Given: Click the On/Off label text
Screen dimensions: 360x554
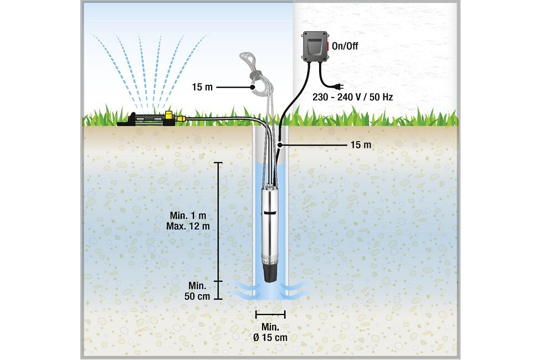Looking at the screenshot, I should [x=345, y=47].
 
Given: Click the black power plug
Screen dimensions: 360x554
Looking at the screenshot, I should [x=337, y=86].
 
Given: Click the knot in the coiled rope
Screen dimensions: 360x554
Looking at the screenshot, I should [x=256, y=76].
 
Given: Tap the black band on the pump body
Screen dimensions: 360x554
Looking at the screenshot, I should [x=270, y=212].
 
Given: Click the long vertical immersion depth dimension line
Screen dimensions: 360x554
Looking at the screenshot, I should [x=219, y=222].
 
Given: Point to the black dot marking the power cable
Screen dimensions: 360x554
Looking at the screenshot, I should [x=281, y=145].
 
